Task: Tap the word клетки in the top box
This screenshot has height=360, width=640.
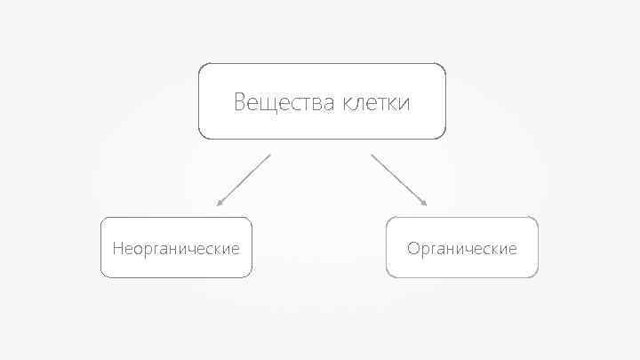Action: click(x=376, y=103)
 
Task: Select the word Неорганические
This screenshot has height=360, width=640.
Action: click(x=176, y=248)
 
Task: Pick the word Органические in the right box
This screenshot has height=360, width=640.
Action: click(x=461, y=248)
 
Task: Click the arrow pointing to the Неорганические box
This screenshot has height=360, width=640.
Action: click(x=243, y=180)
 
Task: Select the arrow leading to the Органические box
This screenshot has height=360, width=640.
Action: click(x=399, y=180)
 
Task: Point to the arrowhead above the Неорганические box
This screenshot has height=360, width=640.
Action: click(x=219, y=204)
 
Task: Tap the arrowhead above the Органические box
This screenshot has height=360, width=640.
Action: click(x=425, y=204)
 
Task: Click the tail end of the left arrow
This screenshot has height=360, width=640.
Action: click(x=269, y=155)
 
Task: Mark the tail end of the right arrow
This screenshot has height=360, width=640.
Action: click(x=372, y=155)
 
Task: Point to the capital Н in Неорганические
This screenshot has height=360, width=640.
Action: click(x=118, y=248)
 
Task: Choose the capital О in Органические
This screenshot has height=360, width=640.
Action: click(x=413, y=248)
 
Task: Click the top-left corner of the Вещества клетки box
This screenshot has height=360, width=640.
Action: click(x=200, y=65)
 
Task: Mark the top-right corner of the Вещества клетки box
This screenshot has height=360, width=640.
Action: click(x=444, y=65)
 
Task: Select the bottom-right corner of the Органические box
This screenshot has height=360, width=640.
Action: click(x=537, y=276)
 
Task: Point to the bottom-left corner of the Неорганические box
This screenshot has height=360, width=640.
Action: click(x=102, y=276)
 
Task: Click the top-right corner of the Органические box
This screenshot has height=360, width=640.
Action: click(x=537, y=219)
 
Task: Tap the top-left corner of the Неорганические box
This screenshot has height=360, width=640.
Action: click(x=102, y=219)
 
